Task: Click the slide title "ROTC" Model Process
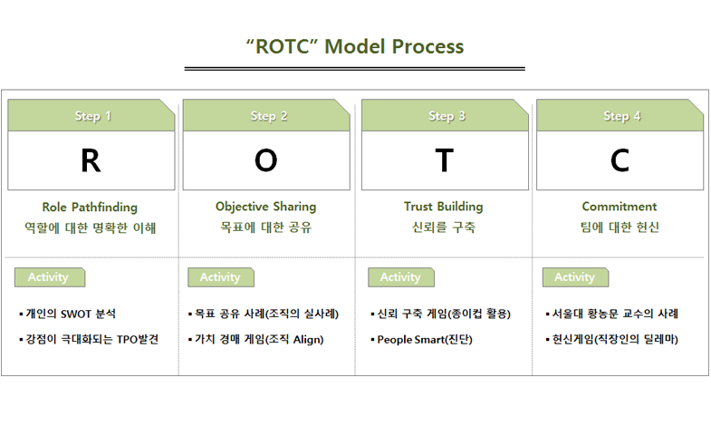[x=355, y=46]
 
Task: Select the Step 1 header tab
[x=91, y=116]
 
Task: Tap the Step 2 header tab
[x=266, y=116]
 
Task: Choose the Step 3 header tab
[x=445, y=116]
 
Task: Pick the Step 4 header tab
[x=620, y=116]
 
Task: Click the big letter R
[x=91, y=160]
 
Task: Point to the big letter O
[x=265, y=160]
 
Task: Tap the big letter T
[x=445, y=160]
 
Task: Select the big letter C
[x=620, y=160]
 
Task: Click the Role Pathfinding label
[x=90, y=208]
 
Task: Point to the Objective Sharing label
[x=265, y=207]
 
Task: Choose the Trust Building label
[x=444, y=207]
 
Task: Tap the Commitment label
[x=620, y=207]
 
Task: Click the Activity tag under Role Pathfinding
[x=50, y=277]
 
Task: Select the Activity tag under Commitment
[x=575, y=277]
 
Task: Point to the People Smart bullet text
[x=425, y=340]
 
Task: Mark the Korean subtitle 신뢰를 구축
[x=444, y=228]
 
